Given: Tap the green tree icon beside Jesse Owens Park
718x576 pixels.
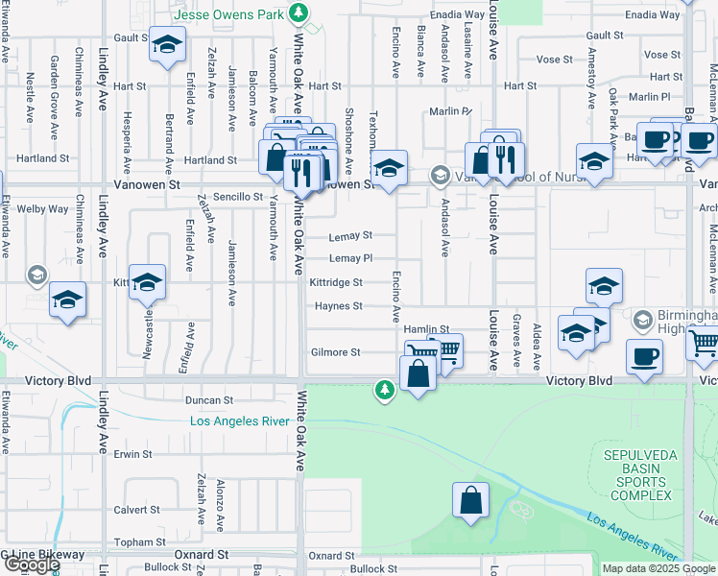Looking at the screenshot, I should tap(299, 12).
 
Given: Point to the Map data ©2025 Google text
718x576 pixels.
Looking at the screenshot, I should tap(658, 568).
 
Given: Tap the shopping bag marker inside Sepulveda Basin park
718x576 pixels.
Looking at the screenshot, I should tap(470, 501).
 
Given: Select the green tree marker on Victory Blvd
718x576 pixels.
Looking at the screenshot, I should tap(384, 389).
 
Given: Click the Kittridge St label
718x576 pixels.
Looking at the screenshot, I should tap(336, 282).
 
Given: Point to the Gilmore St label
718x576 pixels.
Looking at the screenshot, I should tap(335, 352).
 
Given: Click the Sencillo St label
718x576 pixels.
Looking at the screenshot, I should tap(237, 196).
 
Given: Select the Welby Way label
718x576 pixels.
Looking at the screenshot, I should tap(43, 208).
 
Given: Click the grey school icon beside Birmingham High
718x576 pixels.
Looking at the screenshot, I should tap(642, 316).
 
